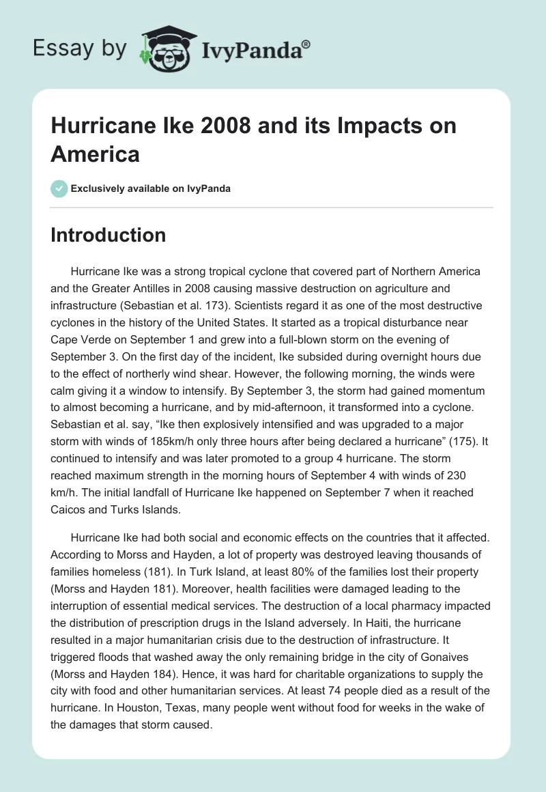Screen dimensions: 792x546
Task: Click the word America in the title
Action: click(95, 154)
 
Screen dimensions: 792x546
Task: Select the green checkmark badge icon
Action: click(59, 188)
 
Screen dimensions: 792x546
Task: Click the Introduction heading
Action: click(108, 235)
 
